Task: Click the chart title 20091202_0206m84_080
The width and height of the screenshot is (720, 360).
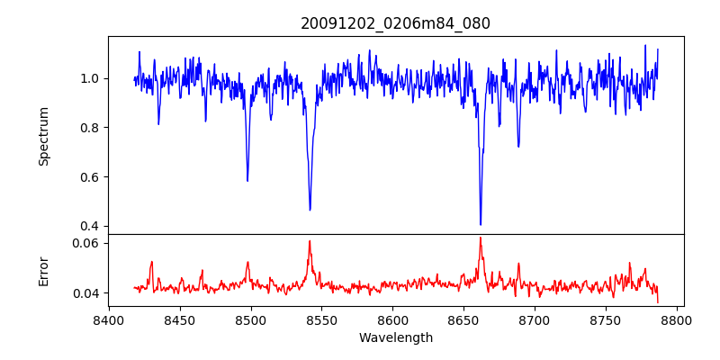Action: point(395,23)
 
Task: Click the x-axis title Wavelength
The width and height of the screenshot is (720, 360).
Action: point(395,337)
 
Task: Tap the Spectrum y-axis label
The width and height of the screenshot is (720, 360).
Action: point(43,136)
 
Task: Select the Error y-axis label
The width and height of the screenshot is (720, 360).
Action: point(43,270)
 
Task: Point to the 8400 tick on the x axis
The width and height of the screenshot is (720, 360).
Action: point(109,319)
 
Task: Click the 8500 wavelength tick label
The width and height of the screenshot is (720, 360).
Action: point(250,319)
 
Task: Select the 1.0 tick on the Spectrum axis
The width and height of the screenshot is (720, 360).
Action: point(92,78)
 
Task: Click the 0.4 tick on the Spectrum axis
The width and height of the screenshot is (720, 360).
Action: point(92,226)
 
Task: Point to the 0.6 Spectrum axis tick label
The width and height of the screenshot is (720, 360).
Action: point(92,176)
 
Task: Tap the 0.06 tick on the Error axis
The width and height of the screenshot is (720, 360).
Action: point(88,243)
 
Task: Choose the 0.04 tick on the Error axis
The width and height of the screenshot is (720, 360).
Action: point(88,293)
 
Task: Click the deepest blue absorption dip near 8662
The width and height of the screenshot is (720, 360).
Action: point(481,224)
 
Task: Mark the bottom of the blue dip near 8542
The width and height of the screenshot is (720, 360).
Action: point(310,210)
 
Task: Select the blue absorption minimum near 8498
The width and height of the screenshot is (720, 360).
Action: point(247,181)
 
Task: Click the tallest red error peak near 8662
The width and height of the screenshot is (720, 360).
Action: point(481,238)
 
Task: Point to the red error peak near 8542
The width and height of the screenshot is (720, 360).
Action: point(310,240)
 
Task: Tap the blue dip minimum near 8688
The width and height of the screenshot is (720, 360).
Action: point(518,146)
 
